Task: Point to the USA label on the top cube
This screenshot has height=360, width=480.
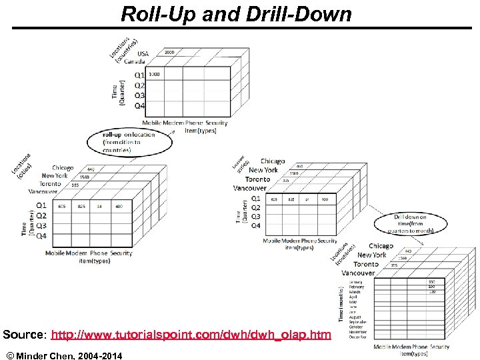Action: (x=143, y=53)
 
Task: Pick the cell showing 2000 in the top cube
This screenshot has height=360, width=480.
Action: (x=169, y=52)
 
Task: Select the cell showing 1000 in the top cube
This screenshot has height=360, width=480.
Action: (x=154, y=74)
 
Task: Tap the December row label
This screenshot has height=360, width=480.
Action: (x=359, y=337)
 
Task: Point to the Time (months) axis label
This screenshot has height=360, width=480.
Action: (x=341, y=303)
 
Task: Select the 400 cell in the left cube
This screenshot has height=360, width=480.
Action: (x=118, y=207)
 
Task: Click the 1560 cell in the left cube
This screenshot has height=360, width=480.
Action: (x=84, y=177)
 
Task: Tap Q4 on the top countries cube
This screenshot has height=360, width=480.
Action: (x=139, y=105)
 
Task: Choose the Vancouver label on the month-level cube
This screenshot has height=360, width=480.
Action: (x=358, y=273)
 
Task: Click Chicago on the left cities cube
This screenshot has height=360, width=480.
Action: (x=63, y=168)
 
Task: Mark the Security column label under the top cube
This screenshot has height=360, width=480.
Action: (x=216, y=123)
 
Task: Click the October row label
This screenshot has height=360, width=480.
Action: (x=359, y=327)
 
